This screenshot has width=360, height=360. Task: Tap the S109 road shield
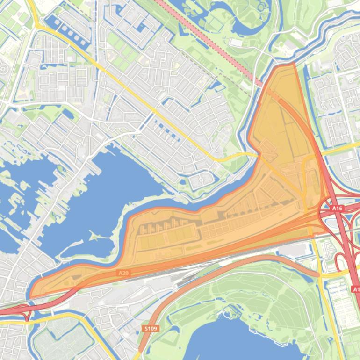coord(150,329)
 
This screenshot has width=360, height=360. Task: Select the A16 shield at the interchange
coord(337,208)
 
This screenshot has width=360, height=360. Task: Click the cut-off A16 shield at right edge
coord(356,289)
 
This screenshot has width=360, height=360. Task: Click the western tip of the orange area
coord(31,295)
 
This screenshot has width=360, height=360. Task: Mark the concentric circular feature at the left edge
coord(2,69)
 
